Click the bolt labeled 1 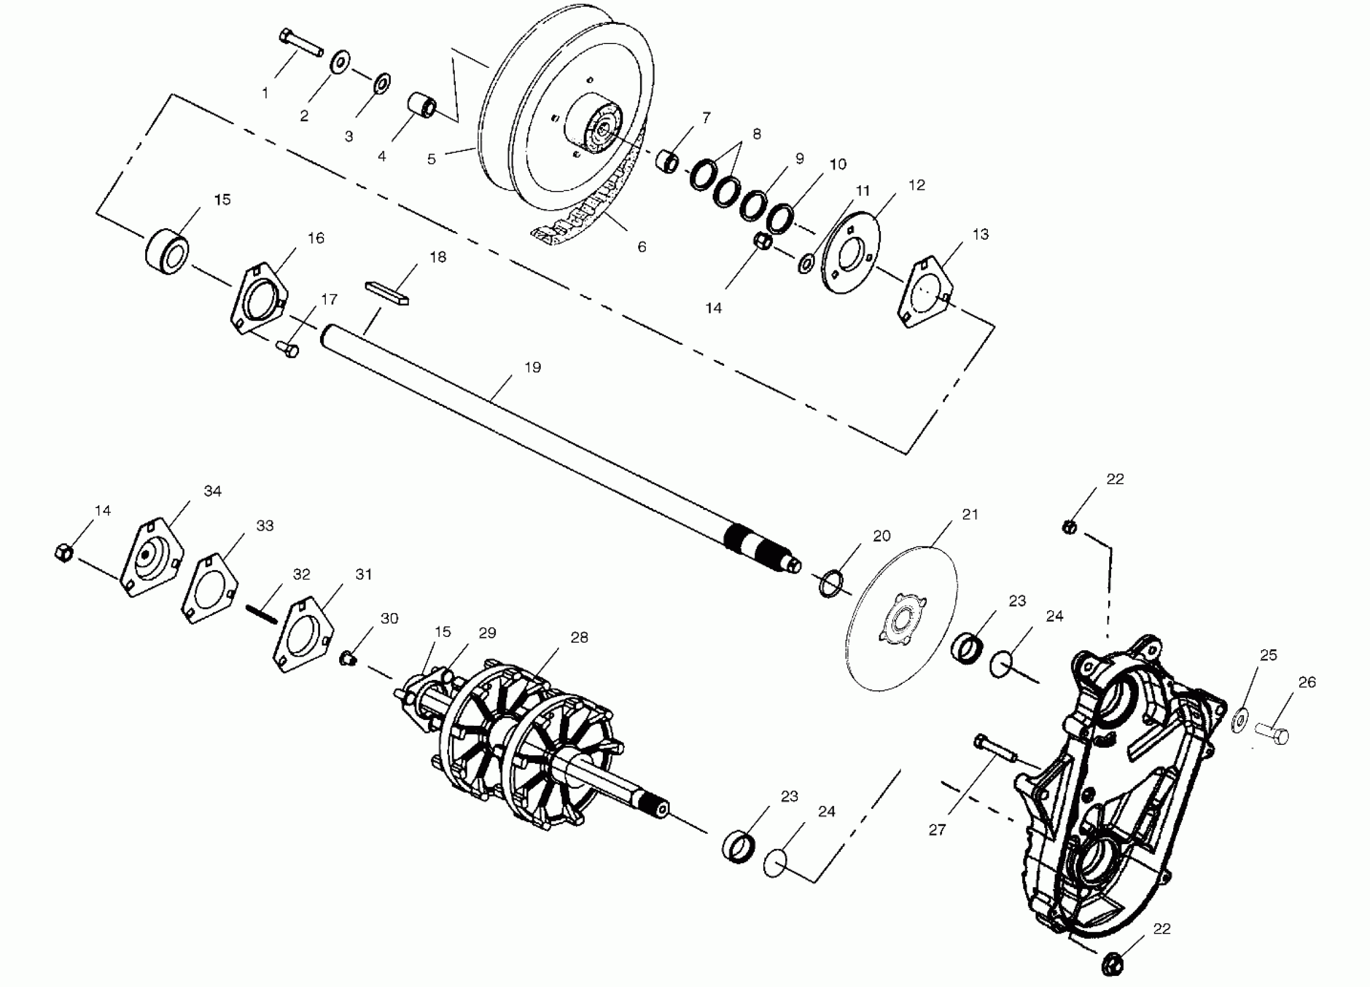click(301, 44)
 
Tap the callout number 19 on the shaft click(532, 368)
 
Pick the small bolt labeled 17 click(287, 348)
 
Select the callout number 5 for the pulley click(431, 159)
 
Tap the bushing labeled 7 click(667, 161)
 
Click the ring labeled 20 click(831, 583)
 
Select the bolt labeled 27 click(995, 749)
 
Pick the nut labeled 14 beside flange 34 click(64, 552)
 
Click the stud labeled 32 click(261, 615)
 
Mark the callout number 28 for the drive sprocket click(578, 637)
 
